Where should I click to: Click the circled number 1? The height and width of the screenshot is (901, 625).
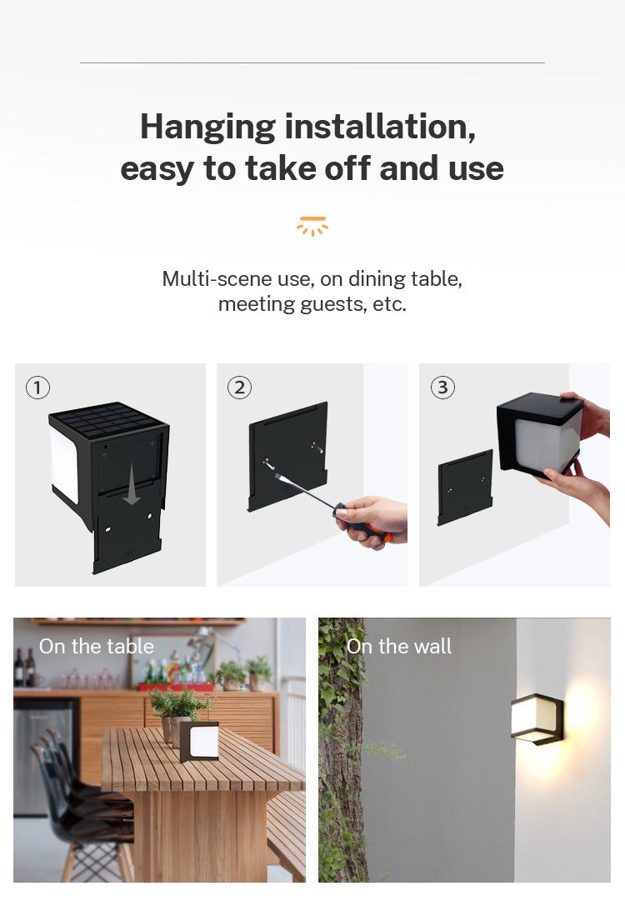tap(37, 388)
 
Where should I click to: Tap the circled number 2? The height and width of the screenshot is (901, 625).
tap(239, 388)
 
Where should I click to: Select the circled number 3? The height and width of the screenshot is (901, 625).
tap(442, 388)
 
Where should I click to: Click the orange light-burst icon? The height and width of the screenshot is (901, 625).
tap(312, 226)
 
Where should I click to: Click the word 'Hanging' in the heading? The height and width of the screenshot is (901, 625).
tap(207, 127)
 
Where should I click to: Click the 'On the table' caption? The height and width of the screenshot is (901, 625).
tap(97, 646)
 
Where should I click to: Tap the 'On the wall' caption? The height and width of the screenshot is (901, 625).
tap(399, 646)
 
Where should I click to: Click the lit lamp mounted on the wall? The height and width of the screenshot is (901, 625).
tap(537, 718)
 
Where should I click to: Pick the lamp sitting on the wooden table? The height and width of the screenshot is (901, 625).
tap(200, 740)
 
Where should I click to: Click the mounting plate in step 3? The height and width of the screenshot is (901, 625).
tap(465, 488)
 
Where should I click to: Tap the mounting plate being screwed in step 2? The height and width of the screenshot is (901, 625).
tap(287, 454)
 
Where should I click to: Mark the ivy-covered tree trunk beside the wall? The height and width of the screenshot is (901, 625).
tap(340, 750)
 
